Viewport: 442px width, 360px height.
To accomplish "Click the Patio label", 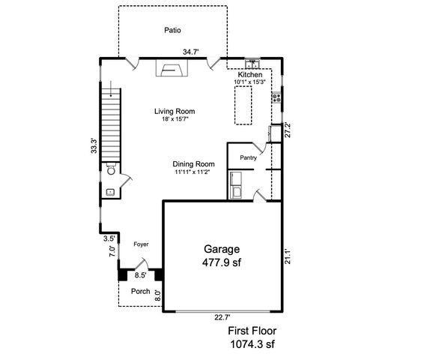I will tap(173, 31).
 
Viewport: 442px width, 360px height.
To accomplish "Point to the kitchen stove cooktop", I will tap(277, 96).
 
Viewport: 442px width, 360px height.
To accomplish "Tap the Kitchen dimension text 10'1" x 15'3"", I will tap(249, 82).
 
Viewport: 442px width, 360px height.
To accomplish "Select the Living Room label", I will tap(175, 111).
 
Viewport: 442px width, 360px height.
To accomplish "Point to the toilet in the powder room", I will tap(110, 170).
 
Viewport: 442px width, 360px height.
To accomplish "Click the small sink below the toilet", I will tap(109, 192).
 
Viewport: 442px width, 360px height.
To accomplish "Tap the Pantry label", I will tap(248, 158).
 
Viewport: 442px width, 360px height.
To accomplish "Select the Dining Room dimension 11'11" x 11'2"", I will tap(192, 172).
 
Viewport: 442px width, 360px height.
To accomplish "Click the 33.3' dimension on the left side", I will tap(94, 145).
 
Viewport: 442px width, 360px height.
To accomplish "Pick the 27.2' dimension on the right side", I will tap(288, 129).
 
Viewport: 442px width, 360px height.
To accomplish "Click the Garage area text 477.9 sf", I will tap(222, 262).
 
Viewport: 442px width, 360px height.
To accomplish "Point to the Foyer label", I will tap(141, 244).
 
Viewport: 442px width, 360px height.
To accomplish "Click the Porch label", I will tap(140, 292).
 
